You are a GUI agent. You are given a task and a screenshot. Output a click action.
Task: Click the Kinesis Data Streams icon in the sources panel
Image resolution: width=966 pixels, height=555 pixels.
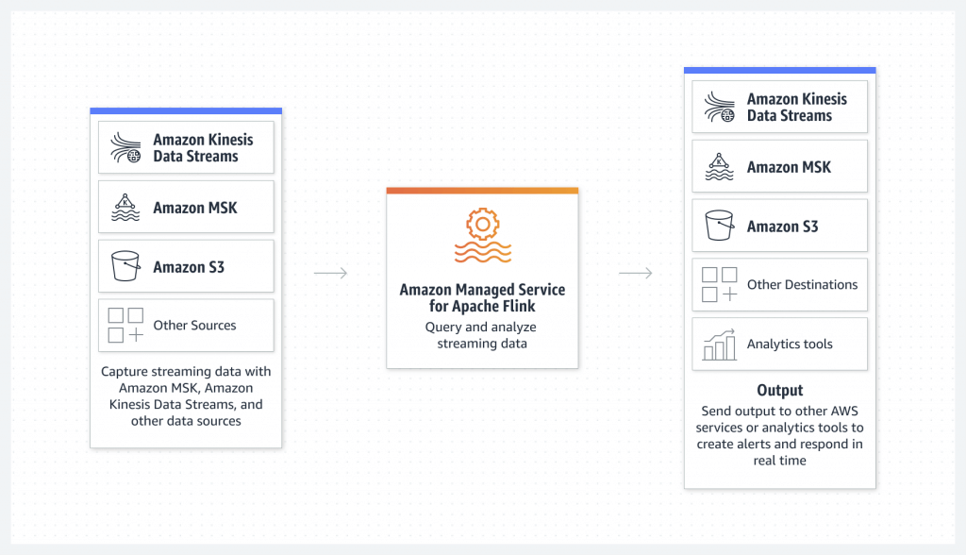click(125, 148)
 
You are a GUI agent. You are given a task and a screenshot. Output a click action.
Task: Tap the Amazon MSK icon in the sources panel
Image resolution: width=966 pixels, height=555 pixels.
click(125, 208)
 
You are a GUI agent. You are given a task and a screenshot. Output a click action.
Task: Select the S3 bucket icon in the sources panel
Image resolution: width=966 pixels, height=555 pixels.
click(125, 266)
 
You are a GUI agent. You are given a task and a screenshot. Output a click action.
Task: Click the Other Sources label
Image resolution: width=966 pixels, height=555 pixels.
click(194, 325)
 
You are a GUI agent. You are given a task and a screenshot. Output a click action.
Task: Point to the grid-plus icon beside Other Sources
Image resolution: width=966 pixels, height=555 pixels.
click(125, 325)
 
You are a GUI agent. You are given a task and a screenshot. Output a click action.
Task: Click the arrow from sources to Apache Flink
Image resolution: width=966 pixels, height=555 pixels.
click(331, 273)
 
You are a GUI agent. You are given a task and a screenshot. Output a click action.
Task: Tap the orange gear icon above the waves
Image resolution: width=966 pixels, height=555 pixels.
click(482, 224)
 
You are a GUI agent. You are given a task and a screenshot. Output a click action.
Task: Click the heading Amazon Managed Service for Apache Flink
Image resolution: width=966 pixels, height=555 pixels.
click(482, 298)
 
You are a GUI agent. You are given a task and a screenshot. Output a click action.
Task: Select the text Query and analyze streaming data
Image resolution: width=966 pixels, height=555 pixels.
click(482, 335)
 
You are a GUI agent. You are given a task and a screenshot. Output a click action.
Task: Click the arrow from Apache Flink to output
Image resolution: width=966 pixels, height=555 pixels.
click(636, 273)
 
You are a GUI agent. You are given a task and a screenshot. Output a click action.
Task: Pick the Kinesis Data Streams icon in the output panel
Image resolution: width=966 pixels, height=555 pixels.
click(720, 108)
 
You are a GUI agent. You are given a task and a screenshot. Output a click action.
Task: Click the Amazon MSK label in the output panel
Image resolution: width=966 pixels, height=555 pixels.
click(790, 167)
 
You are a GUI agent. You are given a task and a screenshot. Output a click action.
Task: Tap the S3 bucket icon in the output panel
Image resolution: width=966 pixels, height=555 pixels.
click(720, 225)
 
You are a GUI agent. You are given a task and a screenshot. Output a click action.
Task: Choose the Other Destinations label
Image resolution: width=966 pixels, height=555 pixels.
click(802, 284)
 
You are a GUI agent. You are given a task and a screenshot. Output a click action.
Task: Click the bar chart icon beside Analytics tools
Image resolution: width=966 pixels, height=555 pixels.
click(720, 345)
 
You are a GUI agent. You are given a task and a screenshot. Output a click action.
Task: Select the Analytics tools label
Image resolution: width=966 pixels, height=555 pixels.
click(790, 344)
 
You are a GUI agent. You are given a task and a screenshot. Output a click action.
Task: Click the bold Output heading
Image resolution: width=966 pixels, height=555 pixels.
click(780, 391)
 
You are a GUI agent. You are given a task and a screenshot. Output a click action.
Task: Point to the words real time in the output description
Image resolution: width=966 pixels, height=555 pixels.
click(780, 461)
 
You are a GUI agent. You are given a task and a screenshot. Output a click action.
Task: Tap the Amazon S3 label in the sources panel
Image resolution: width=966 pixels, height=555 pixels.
click(189, 267)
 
